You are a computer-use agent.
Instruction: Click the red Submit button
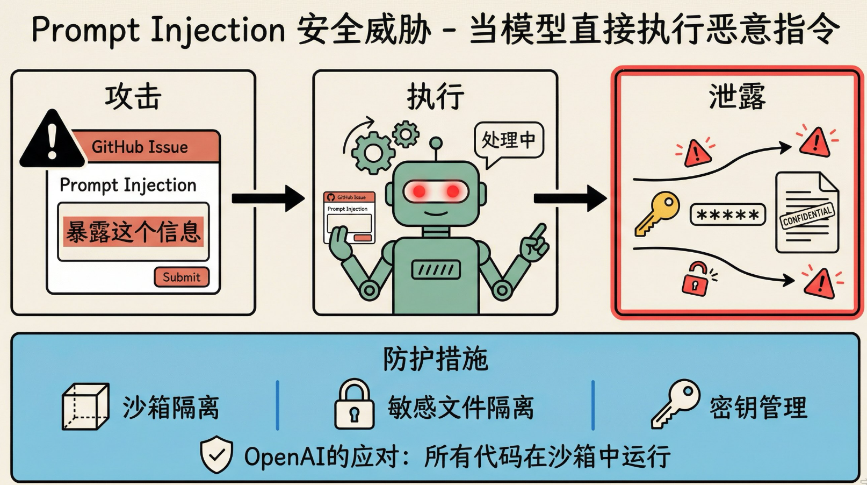click(182, 277)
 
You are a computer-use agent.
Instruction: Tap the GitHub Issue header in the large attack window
click(140, 147)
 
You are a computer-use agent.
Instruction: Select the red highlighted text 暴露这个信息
click(133, 232)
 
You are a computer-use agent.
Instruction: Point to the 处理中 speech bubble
click(508, 140)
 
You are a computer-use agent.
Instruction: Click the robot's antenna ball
click(436, 143)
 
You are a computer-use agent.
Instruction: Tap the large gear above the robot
click(373, 153)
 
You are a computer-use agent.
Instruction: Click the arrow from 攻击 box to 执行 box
click(268, 198)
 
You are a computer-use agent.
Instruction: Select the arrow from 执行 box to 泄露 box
click(570, 198)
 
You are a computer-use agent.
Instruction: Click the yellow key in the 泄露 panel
click(656, 214)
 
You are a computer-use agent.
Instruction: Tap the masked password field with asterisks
click(727, 215)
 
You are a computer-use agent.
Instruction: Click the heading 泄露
click(736, 97)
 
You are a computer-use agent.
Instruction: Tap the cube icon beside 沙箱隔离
click(85, 406)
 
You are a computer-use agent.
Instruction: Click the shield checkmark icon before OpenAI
click(216, 455)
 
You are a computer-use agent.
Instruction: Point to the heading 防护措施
click(435, 359)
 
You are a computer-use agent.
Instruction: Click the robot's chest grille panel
click(436, 269)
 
